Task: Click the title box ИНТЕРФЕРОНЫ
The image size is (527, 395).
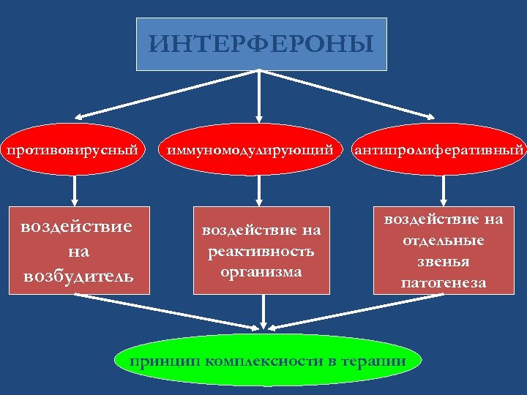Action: (261, 44)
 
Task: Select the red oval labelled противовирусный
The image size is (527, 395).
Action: (73, 151)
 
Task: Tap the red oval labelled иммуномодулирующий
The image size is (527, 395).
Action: (255, 151)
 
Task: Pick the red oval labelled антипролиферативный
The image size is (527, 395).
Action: (439, 151)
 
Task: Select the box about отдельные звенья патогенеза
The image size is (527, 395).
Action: (444, 251)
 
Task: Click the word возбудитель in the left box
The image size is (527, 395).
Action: (78, 276)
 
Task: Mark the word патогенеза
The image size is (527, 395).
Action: (444, 282)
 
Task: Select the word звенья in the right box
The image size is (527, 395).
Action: (444, 261)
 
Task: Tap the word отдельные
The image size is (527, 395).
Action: (444, 240)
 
